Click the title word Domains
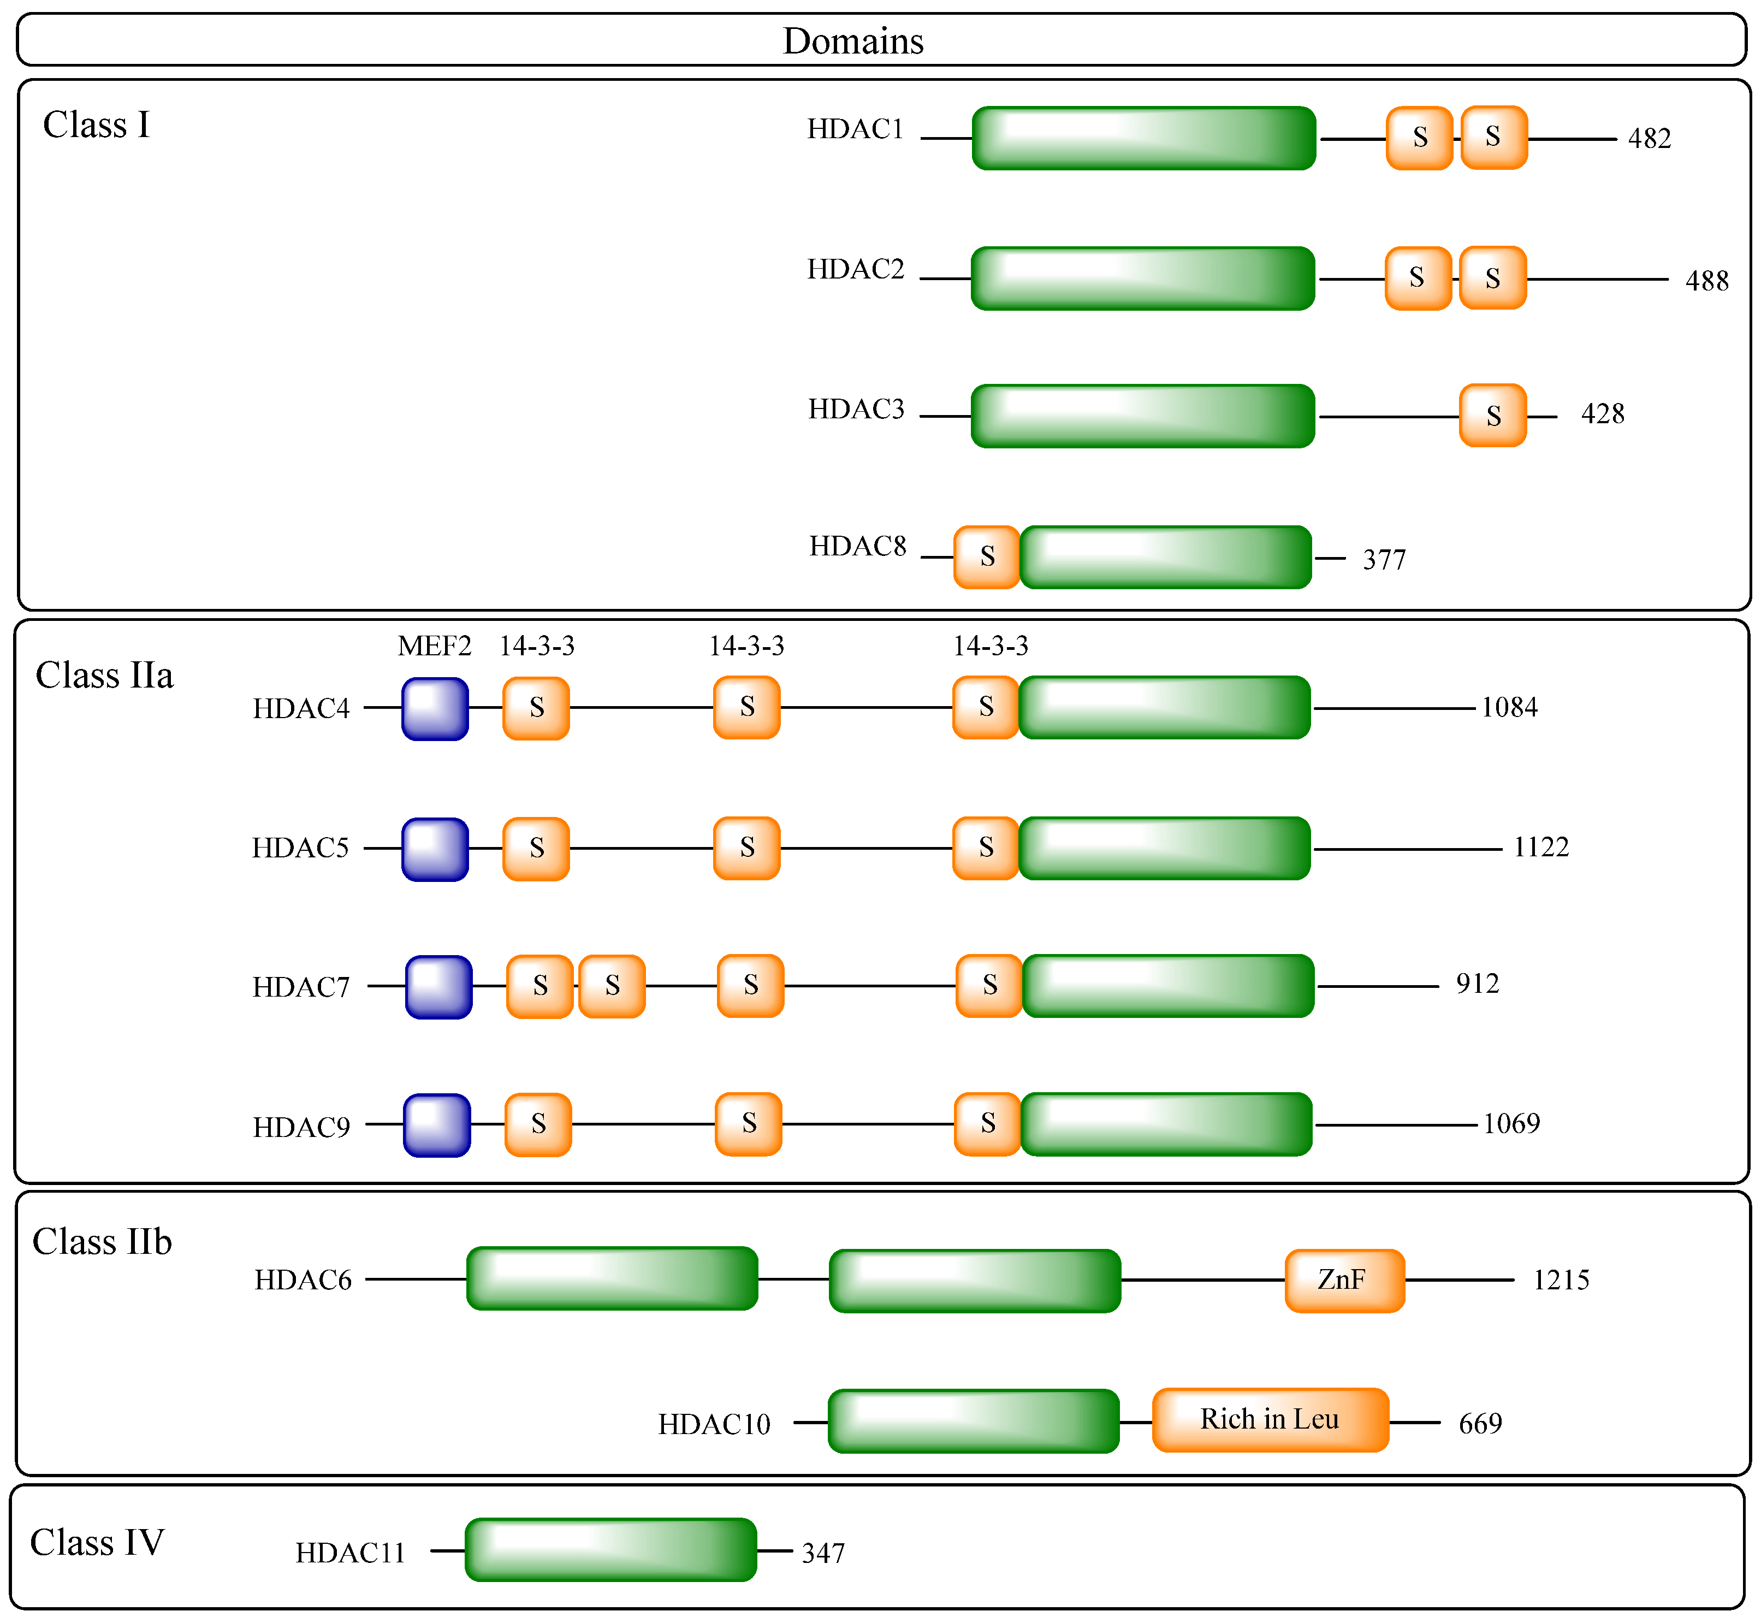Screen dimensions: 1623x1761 pyautogui.click(x=853, y=42)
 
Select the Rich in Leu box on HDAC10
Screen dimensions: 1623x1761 pyautogui.click(x=1270, y=1419)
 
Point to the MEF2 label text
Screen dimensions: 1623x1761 pyautogui.click(x=434, y=647)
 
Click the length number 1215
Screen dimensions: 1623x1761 pyautogui.click(x=1561, y=1281)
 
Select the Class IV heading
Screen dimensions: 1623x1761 pyautogui.click(x=97, y=1543)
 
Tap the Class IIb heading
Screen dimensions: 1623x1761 pyautogui.click(x=102, y=1242)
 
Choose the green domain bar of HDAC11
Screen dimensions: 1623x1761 pyautogui.click(x=610, y=1550)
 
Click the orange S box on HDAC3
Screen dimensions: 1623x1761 pyautogui.click(x=1492, y=416)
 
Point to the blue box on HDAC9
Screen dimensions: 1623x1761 pyautogui.click(x=436, y=1125)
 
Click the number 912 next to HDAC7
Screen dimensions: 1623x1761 pyautogui.click(x=1477, y=984)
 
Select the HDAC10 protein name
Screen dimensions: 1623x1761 pyautogui.click(x=714, y=1425)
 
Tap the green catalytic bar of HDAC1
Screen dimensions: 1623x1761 pyautogui.click(x=1143, y=138)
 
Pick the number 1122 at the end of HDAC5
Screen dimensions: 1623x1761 pyautogui.click(x=1540, y=848)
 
